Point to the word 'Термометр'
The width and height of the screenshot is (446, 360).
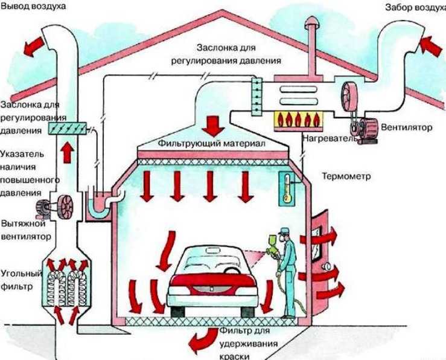[345, 177]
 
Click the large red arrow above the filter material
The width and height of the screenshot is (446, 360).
[212, 124]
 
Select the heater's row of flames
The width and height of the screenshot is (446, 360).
[299, 120]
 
